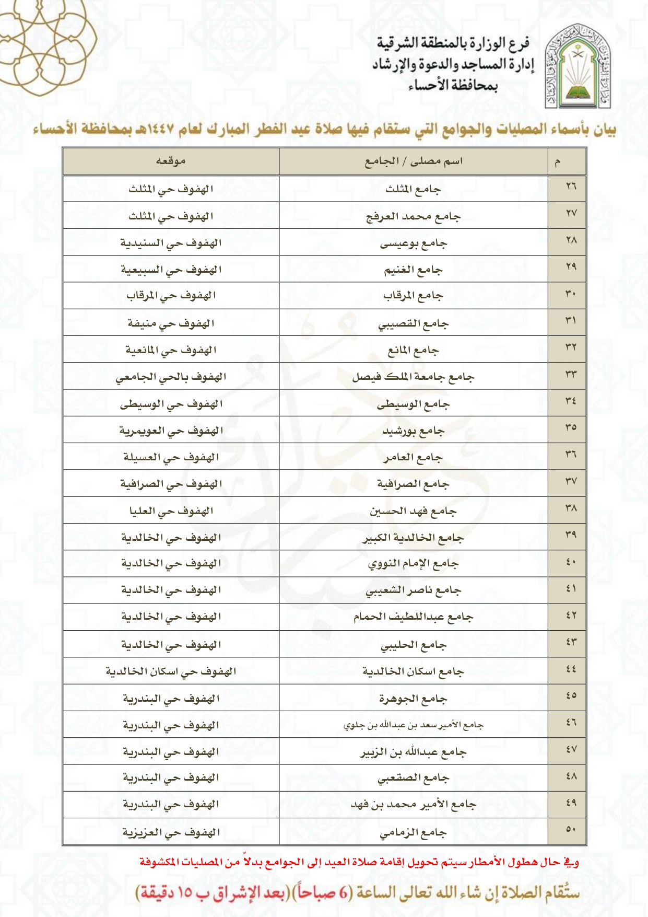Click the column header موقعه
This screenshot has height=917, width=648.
click(171, 161)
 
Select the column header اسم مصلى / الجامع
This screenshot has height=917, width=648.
click(414, 161)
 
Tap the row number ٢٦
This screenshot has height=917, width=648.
click(571, 187)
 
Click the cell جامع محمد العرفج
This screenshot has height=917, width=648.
click(414, 216)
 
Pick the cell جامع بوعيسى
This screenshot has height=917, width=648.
click(414, 243)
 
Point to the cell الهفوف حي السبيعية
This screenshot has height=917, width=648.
click(171, 270)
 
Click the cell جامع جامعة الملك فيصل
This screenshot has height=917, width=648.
click(414, 377)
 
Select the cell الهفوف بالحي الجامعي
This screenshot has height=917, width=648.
click(171, 377)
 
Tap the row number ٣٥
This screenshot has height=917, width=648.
click(571, 427)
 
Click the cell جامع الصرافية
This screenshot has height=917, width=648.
click(414, 484)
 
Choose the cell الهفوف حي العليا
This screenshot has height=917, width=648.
click(171, 511)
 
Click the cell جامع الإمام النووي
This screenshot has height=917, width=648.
click(414, 564)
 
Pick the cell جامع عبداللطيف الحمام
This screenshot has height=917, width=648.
click(414, 617)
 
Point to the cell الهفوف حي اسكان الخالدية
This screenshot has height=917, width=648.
click(171, 671)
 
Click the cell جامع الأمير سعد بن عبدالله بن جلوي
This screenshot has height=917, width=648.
click(414, 725)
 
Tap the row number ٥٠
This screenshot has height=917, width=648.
click(571, 829)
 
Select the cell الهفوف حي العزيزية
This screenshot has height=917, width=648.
click(171, 832)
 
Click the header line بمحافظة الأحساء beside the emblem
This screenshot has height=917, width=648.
click(453, 86)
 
